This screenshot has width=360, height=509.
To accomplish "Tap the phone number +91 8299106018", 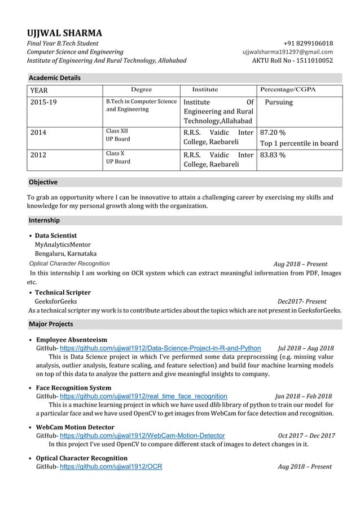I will tap(308, 43).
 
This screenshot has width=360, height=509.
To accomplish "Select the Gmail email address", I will tap(287, 52).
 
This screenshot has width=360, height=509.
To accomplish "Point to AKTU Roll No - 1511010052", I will tap(292, 61).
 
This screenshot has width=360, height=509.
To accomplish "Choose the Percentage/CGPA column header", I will tap(288, 90).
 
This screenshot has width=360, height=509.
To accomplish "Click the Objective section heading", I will tap(43, 182).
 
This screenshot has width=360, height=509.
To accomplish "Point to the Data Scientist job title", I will tap(56, 235).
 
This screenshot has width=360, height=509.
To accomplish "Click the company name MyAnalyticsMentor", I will tap(63, 244).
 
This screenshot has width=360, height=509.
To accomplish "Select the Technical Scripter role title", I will tap(63, 292).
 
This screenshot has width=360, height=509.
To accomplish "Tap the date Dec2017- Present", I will tap(305, 301).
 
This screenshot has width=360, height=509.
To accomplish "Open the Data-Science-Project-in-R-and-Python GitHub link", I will tap(160, 348).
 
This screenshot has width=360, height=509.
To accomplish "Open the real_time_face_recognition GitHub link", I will tap(143, 396).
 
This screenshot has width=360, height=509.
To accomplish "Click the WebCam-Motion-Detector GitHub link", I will tap(142, 436).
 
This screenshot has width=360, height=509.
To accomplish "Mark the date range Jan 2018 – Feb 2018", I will tap(303, 396).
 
